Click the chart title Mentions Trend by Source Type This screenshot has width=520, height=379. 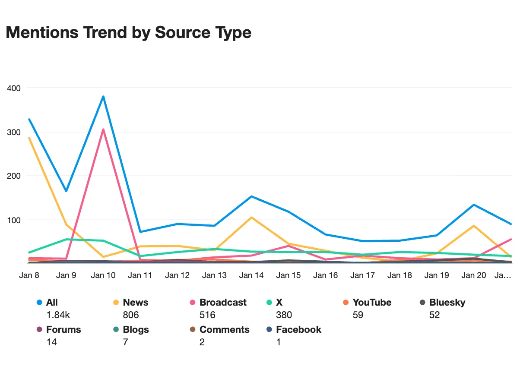pos(128,32)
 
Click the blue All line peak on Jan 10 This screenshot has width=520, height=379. pos(103,96)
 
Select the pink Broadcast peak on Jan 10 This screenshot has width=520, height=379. pos(103,129)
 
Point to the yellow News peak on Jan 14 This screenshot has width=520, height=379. pos(251,217)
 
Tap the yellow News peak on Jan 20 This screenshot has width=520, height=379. pos(474,225)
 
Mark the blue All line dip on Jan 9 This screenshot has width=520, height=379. pos(66,191)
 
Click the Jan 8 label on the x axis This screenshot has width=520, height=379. pos(29,275)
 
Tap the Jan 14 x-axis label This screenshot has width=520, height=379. pos(251,275)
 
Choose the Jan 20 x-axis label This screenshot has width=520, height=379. pos(474,275)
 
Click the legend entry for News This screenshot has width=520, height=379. pos(136,303)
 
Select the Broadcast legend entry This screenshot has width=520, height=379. pos(223,303)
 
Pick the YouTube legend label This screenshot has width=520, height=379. pos(372,303)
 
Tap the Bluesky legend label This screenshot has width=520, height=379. pos(447,303)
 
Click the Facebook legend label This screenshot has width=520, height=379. pos(298,330)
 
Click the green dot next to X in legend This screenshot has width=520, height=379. pos(269,303)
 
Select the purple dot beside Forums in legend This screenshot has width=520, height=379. pos(39,330)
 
